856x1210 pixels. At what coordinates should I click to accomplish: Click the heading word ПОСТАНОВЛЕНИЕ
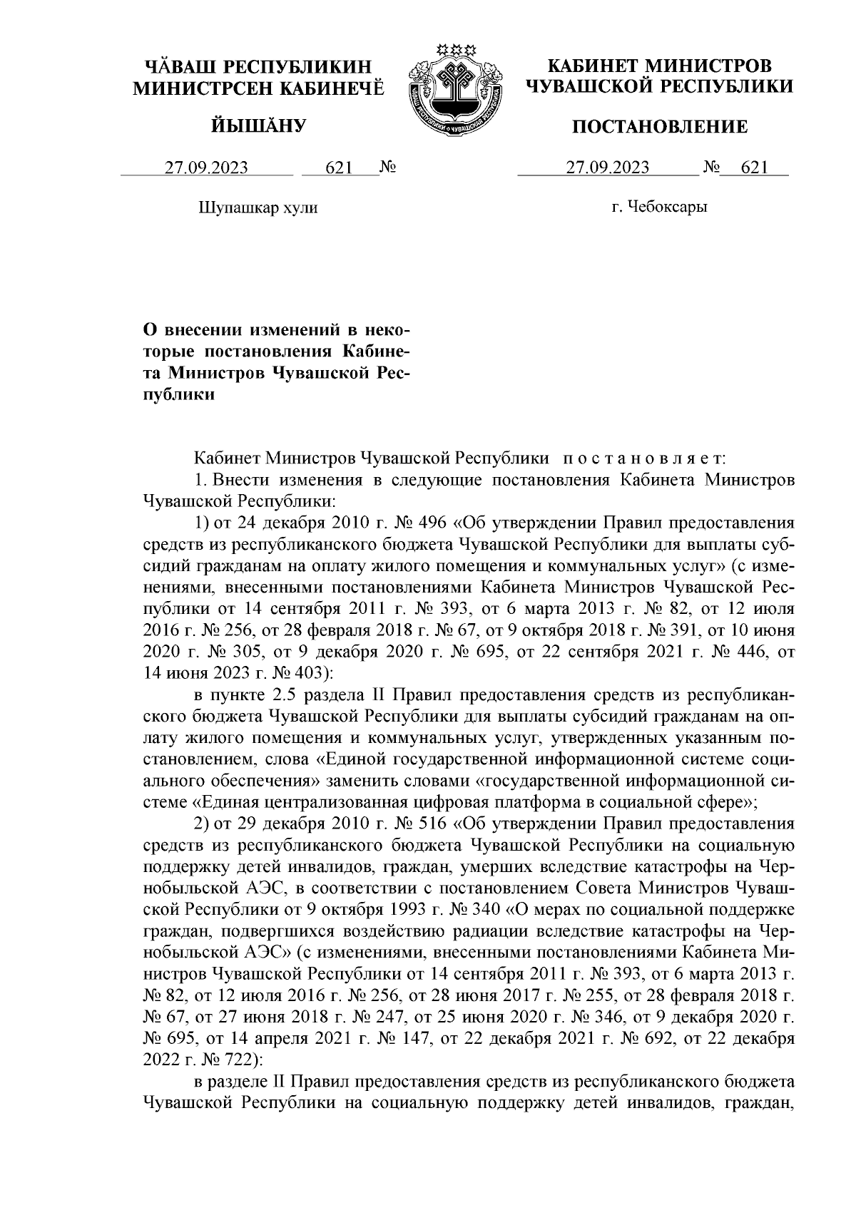tap(661, 127)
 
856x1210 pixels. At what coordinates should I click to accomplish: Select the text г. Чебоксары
tap(659, 207)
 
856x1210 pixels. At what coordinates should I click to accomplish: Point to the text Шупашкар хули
tap(257, 207)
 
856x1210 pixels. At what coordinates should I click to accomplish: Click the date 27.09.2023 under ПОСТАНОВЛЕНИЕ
tap(607, 168)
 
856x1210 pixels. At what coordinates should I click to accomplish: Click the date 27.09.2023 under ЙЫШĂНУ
tap(206, 168)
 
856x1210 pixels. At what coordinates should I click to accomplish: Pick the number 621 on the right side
tap(755, 168)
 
